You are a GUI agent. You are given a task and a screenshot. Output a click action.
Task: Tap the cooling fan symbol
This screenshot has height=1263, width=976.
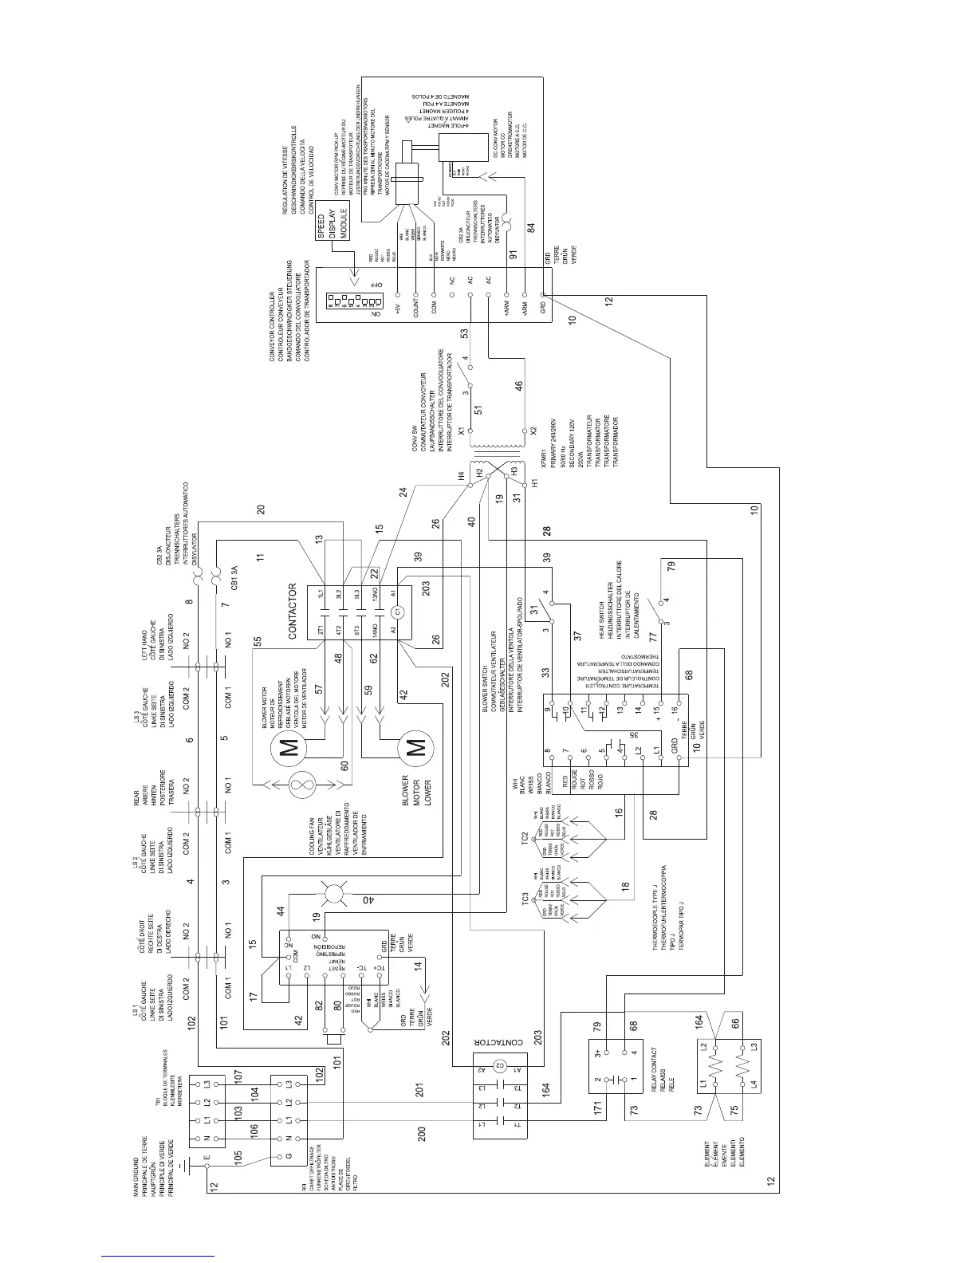point(302,785)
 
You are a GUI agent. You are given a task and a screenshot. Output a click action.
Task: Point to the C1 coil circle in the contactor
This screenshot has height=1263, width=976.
point(396,612)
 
